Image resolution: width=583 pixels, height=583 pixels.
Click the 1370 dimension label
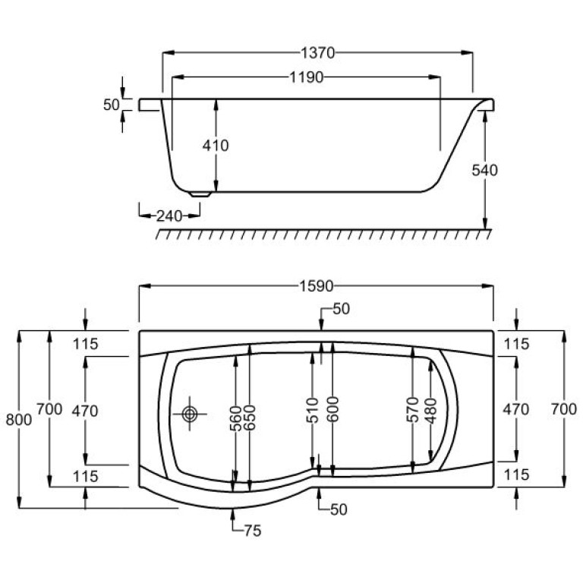coord(317,53)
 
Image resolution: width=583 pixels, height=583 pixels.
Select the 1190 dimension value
coord(307,77)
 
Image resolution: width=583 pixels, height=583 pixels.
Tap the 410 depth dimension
coord(216,146)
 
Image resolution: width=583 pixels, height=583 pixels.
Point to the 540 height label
coord(484,170)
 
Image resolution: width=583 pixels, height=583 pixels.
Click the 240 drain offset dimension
coord(169,216)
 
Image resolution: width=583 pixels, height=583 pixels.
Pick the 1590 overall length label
coord(317,286)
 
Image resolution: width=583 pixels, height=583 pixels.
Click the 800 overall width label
coord(18,420)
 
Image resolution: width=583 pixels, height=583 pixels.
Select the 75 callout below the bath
coord(253,531)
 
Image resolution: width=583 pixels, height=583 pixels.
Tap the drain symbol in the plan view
coord(190,414)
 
